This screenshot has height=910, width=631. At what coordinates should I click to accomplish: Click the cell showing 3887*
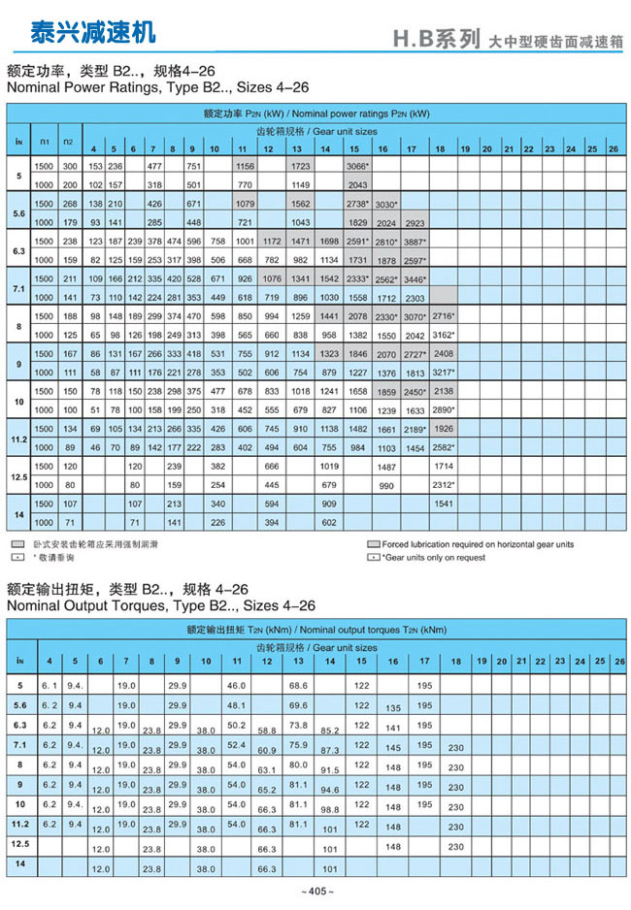[x=415, y=241]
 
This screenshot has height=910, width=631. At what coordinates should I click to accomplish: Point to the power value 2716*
[x=443, y=316]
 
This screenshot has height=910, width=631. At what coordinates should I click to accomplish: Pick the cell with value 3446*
[x=415, y=278]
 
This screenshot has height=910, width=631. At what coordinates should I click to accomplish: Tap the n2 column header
[x=68, y=142]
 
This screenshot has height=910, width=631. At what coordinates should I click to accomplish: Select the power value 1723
[x=300, y=167]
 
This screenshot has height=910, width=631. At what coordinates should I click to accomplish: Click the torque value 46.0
[x=236, y=686]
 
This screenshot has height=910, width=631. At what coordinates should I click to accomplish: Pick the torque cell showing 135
[x=393, y=708]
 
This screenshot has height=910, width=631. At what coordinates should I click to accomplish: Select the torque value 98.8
[x=329, y=808]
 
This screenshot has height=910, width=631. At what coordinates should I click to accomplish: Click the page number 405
[x=316, y=892]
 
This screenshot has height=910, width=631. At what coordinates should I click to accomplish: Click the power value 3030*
[x=385, y=205]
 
